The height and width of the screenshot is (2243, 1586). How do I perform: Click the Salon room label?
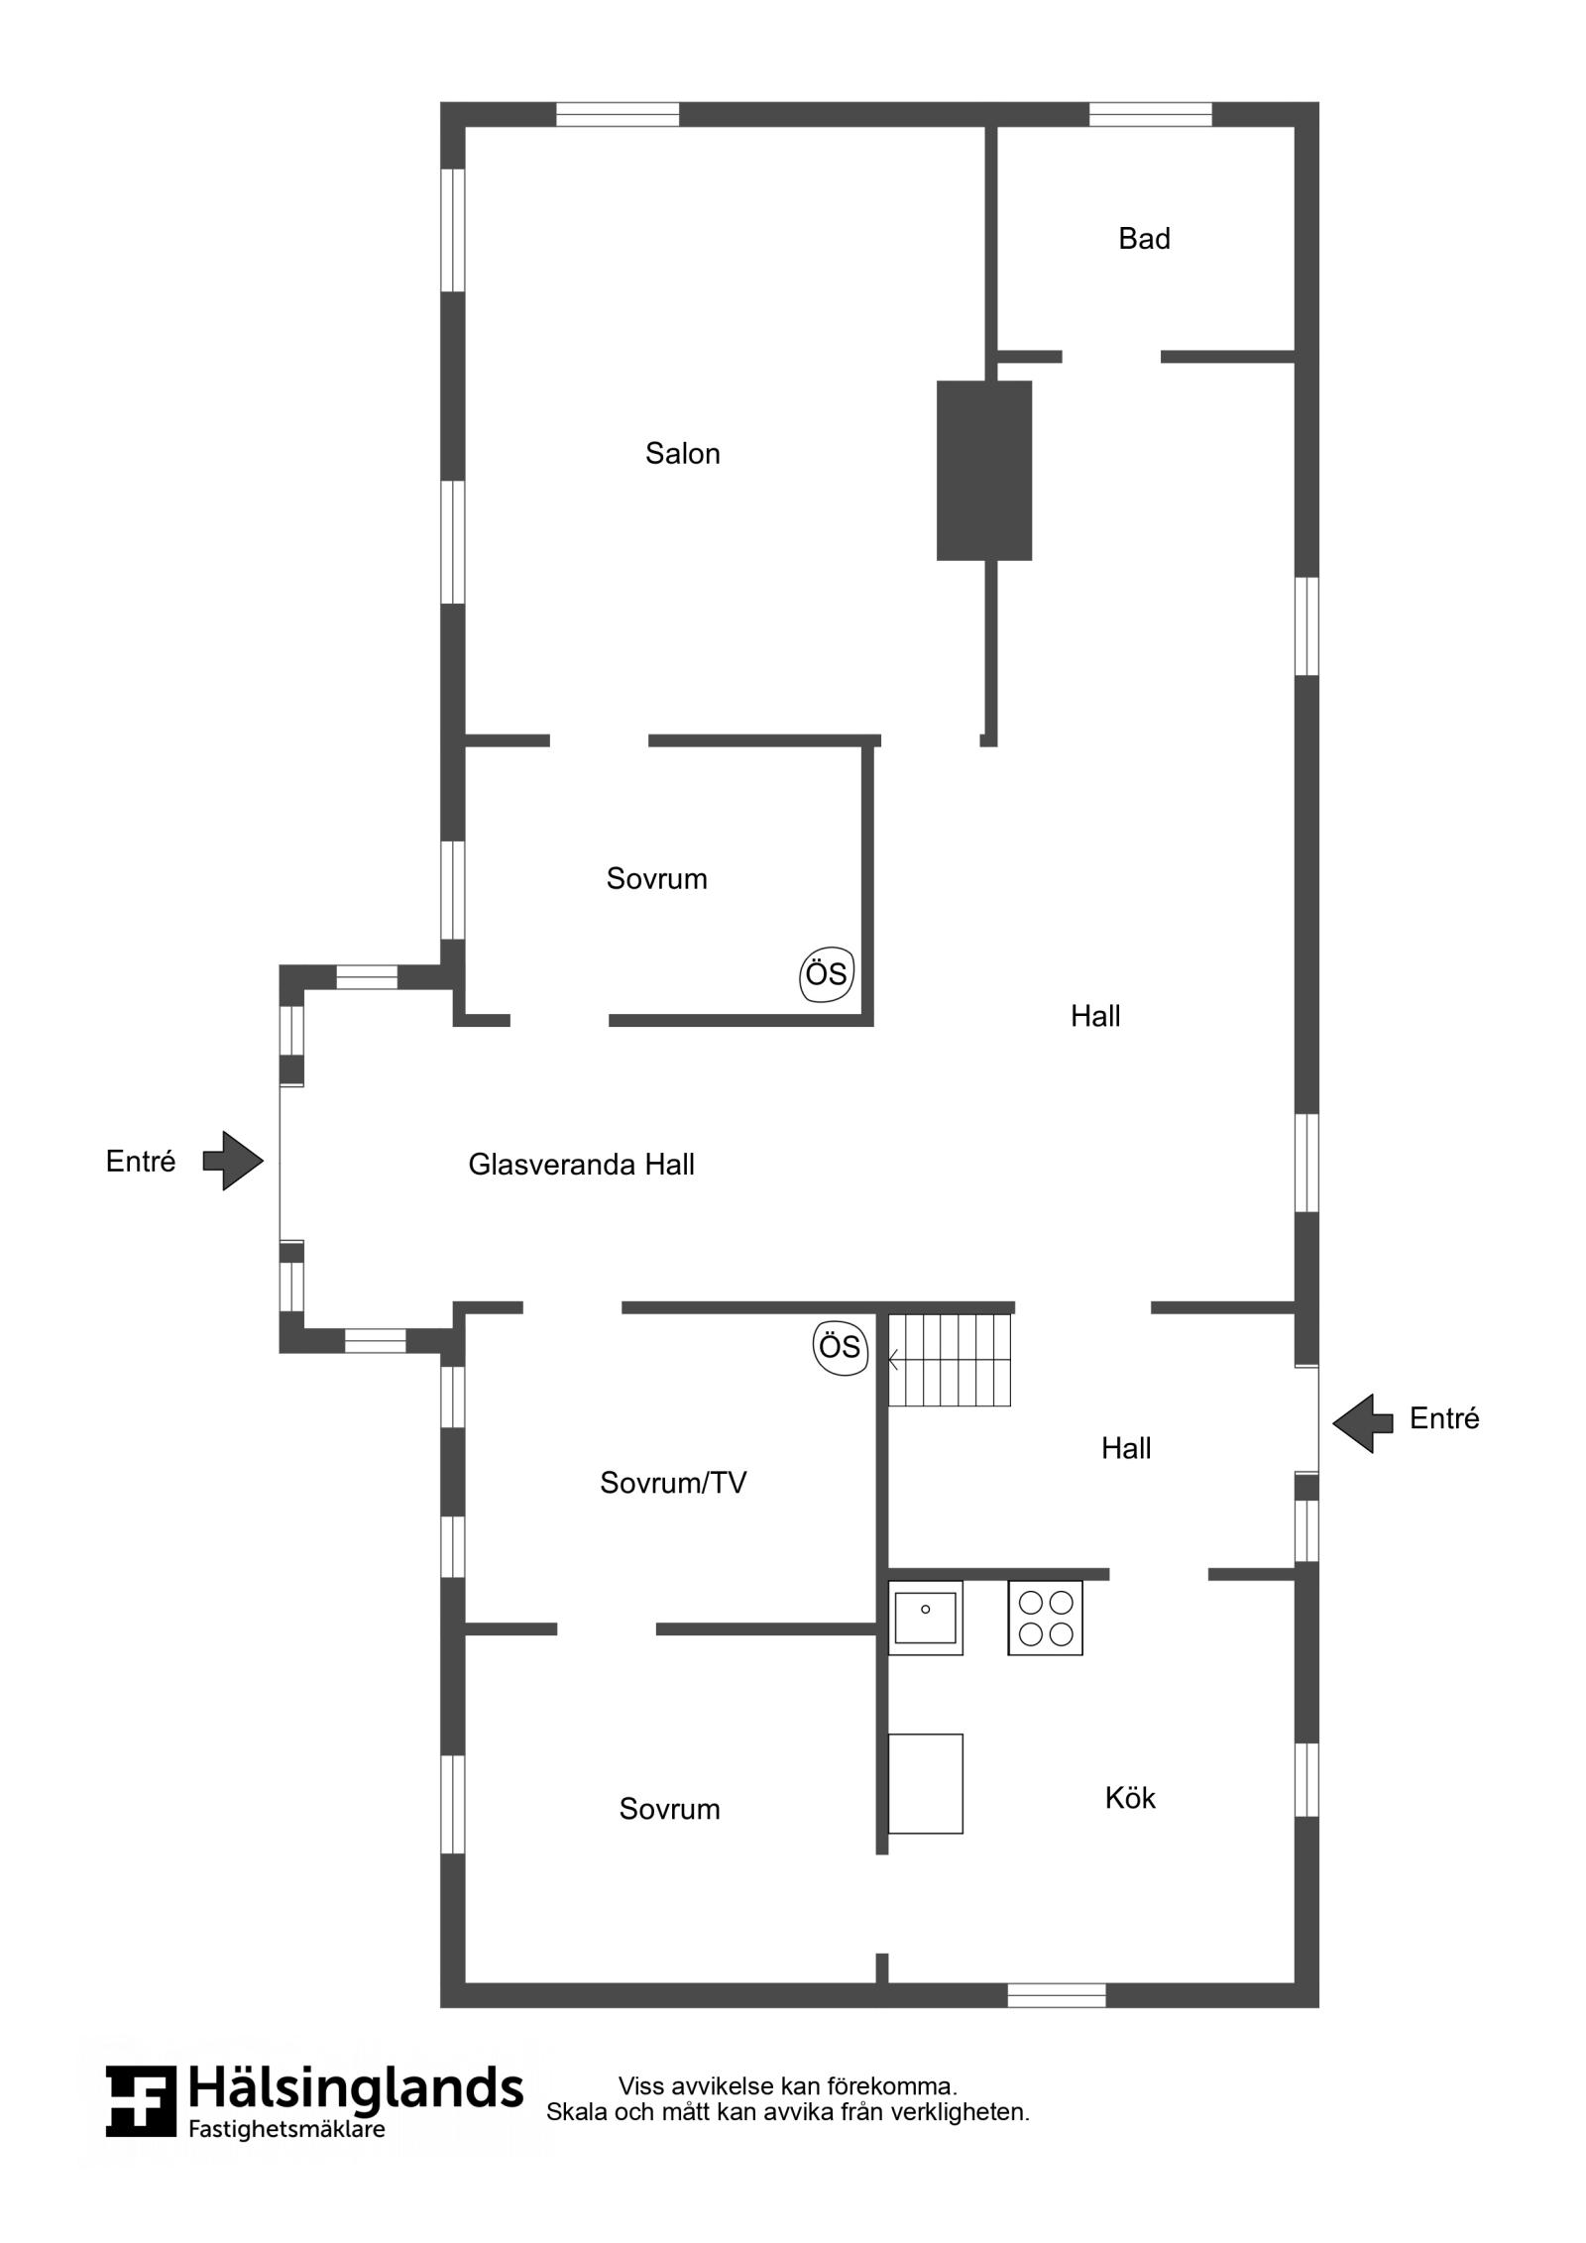[x=682, y=454]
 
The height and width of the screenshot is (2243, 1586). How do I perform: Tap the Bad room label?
[x=1144, y=239]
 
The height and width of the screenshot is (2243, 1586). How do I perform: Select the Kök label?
[x=1130, y=1798]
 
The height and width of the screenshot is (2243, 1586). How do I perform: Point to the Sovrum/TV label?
[x=673, y=1483]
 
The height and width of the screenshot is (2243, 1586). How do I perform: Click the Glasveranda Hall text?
[x=581, y=1165]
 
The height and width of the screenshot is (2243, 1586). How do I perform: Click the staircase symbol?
[x=949, y=1360]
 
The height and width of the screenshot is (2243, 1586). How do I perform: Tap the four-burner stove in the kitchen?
[x=1046, y=1618]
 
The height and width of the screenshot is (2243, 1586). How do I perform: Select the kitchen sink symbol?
[x=925, y=1618]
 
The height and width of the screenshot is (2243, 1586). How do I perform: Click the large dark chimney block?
[x=984, y=471]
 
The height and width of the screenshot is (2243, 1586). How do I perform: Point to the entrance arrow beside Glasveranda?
[x=233, y=1161]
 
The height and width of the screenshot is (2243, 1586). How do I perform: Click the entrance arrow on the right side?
[x=1363, y=1423]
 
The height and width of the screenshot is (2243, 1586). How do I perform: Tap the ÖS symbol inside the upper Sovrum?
[x=827, y=975]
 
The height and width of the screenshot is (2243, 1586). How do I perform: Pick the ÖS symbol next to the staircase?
[x=840, y=1348]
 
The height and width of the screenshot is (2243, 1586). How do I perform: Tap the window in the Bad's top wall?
[x=1150, y=114]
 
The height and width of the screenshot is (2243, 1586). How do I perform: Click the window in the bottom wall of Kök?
[x=1057, y=1995]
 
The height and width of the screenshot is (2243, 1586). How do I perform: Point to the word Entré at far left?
[x=141, y=1162]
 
